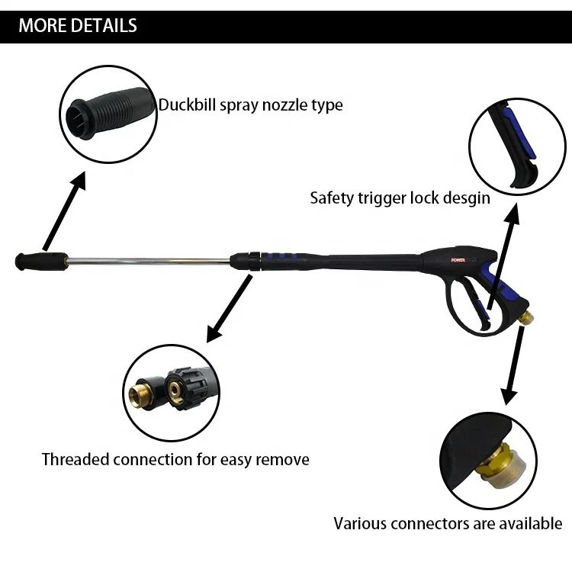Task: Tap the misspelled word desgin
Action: tap(463, 198)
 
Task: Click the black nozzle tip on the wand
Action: tap(30, 261)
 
